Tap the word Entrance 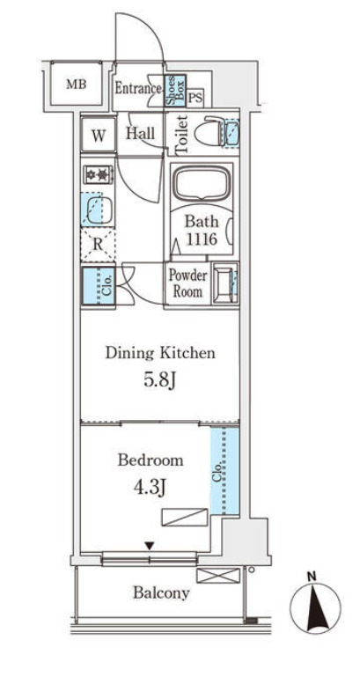(x=137, y=88)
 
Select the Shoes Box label (x=174, y=91)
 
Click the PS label (x=195, y=97)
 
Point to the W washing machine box (x=99, y=136)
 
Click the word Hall (x=141, y=134)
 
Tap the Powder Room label (x=187, y=283)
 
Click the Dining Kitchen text (x=159, y=353)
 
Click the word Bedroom (x=151, y=460)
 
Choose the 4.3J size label (x=151, y=488)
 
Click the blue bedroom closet (x=224, y=470)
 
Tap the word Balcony (x=161, y=593)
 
